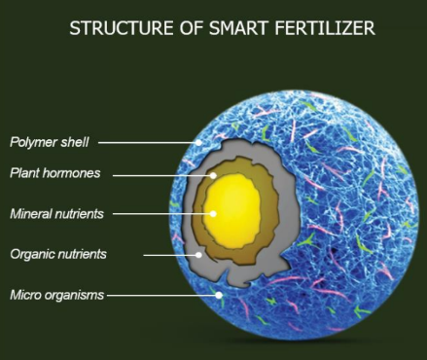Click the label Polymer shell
[x=49, y=142]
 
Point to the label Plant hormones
[x=55, y=174]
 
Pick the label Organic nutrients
[x=57, y=254]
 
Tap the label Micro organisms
[x=56, y=294]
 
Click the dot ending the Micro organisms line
[x=221, y=294]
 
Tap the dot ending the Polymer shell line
[x=199, y=142]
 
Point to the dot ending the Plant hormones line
[x=216, y=175]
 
